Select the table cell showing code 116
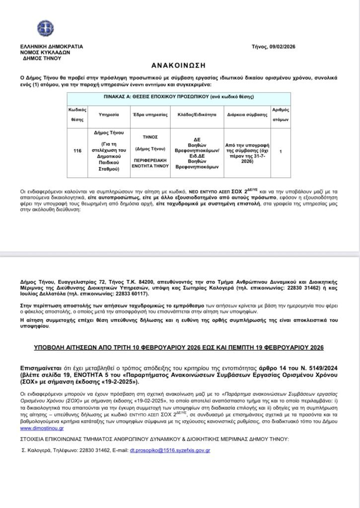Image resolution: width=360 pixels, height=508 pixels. (76, 151)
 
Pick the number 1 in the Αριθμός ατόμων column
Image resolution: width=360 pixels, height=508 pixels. (281, 151)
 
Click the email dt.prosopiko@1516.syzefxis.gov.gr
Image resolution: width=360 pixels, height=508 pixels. (171, 450)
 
